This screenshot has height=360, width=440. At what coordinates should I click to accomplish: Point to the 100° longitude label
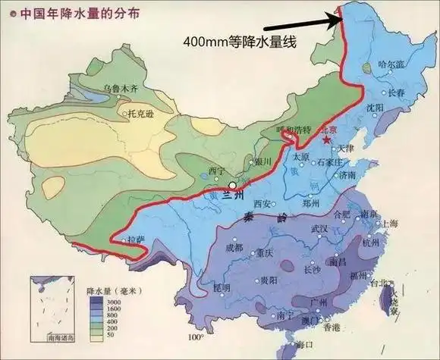pos(196,337)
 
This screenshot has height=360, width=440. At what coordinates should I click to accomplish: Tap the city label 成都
pos(234,247)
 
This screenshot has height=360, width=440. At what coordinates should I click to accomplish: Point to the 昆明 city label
pos(221,288)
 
